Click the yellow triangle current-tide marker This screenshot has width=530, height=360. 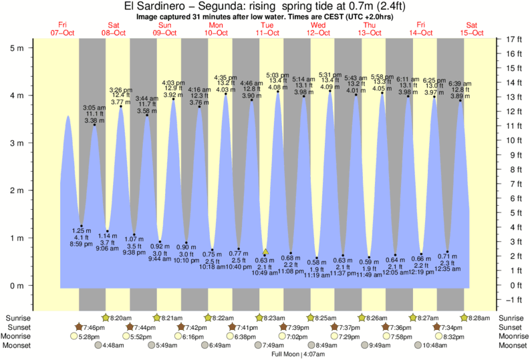click(x=265, y=252)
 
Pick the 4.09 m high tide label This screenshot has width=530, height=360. click(x=330, y=86)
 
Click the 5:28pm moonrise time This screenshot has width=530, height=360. click(x=90, y=337)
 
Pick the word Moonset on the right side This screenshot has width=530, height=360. click(x=513, y=346)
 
